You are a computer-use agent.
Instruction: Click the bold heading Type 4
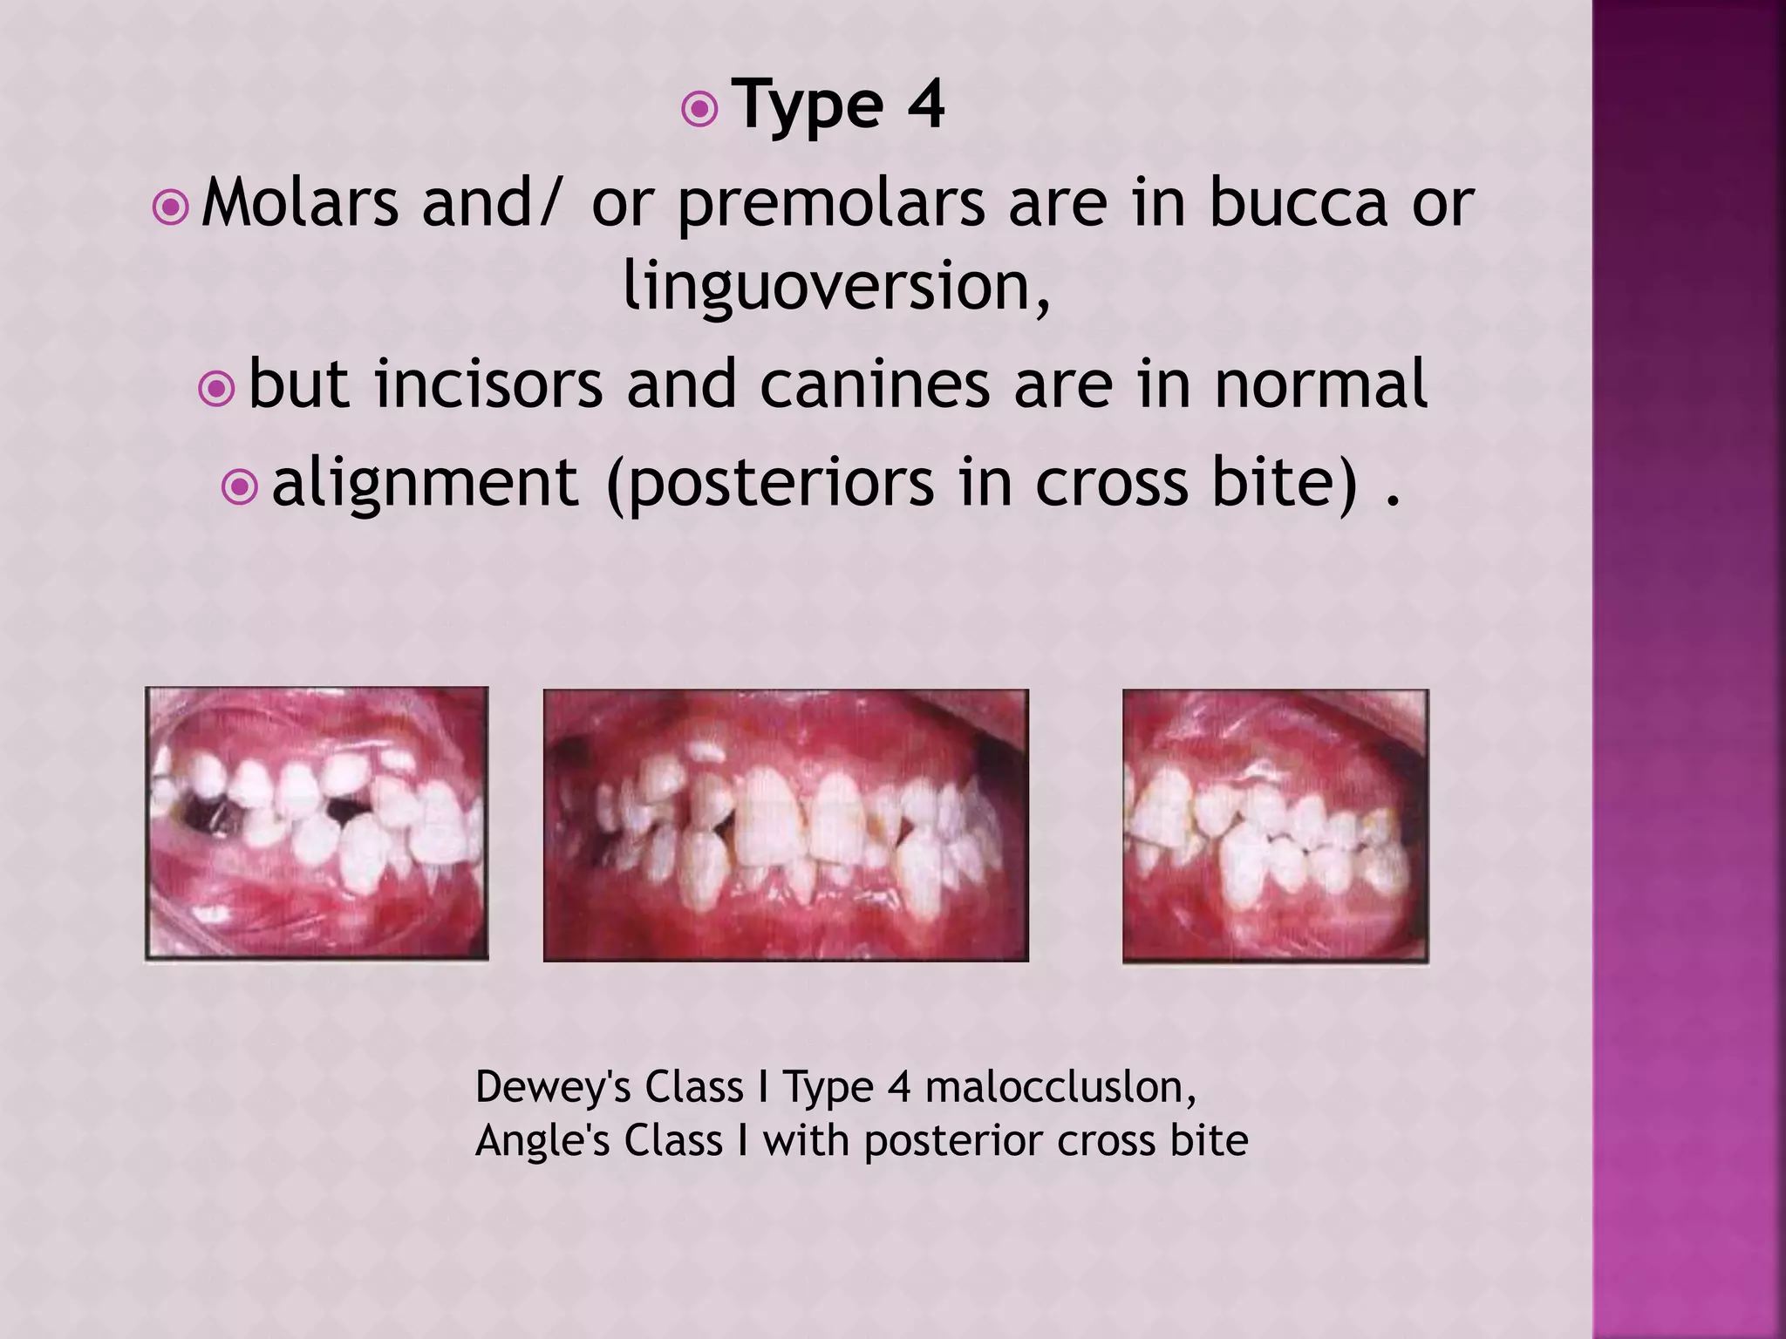[838, 105]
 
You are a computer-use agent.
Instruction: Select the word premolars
[830, 203]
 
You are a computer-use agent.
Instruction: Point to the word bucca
[1298, 203]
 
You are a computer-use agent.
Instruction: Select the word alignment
[425, 482]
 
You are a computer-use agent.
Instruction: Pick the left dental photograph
[317, 824]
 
